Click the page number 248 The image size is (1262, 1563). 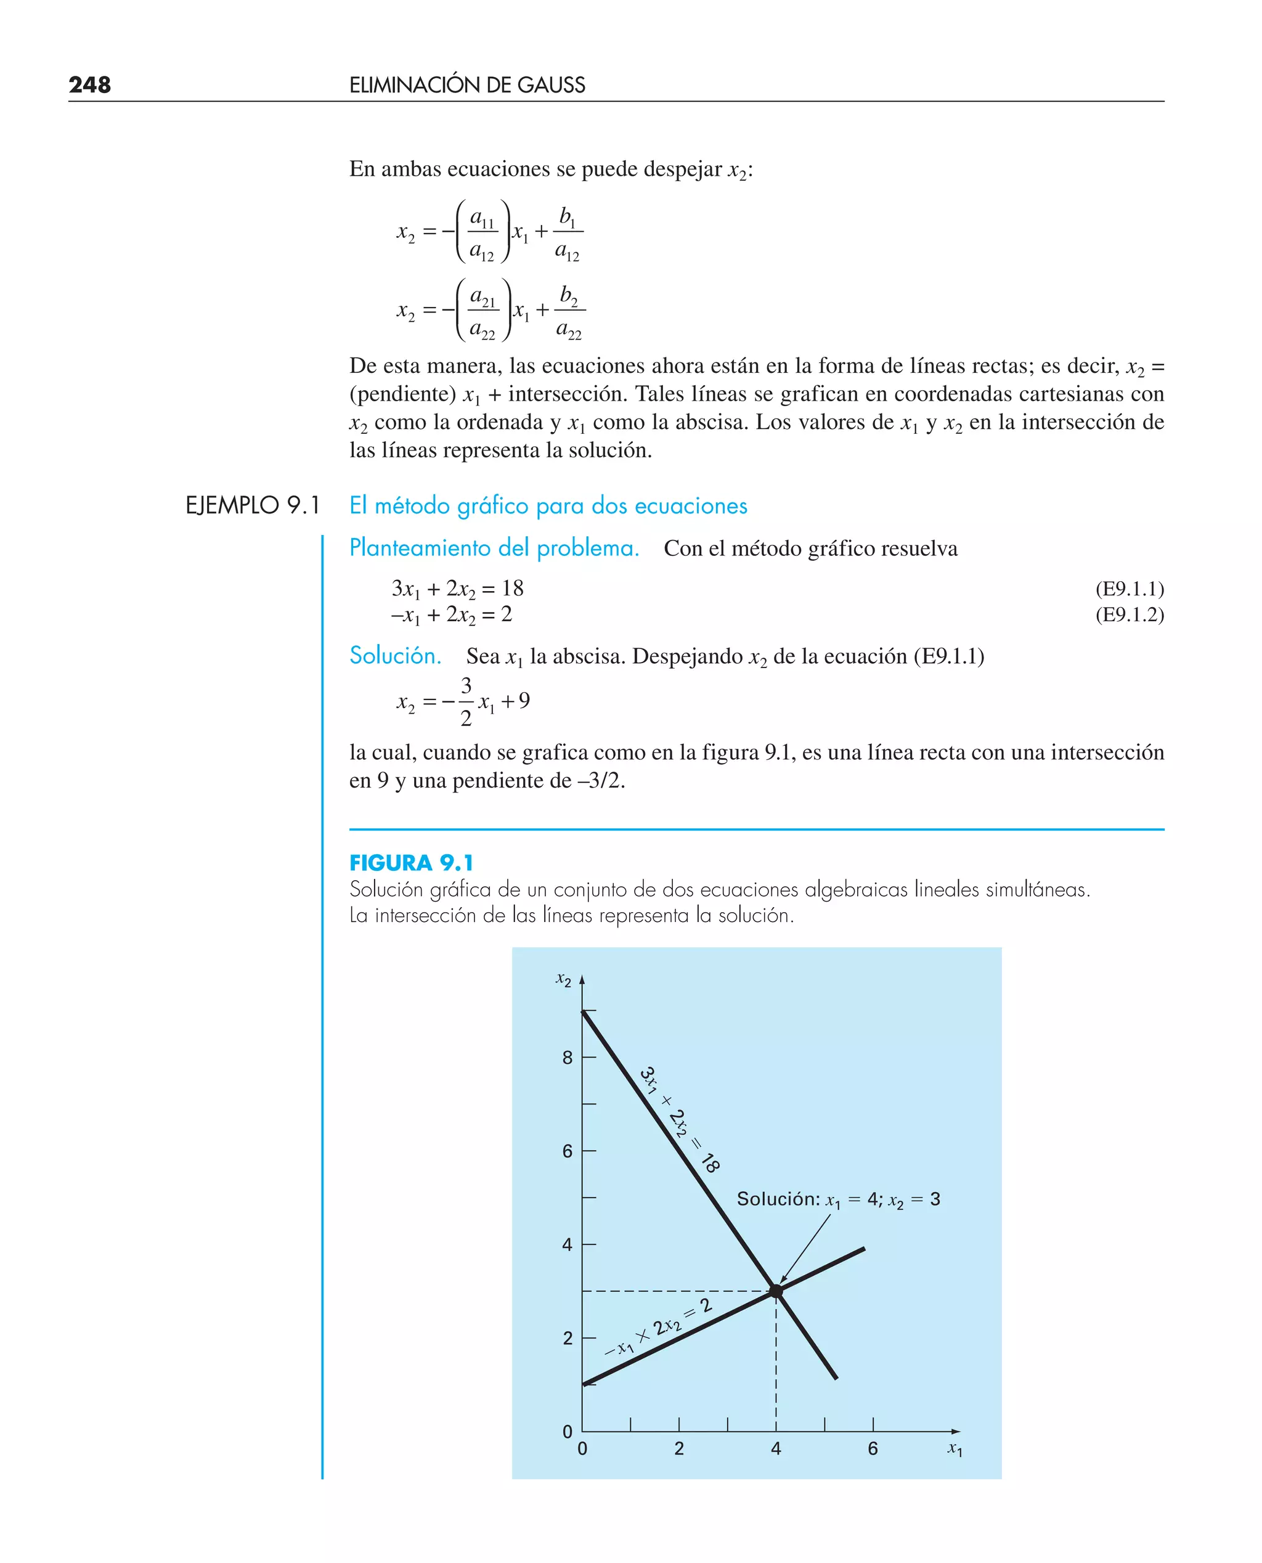click(x=89, y=85)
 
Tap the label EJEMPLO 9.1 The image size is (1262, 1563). click(x=252, y=505)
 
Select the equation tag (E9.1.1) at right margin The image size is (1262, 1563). click(x=1129, y=588)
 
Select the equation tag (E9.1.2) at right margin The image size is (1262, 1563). click(x=1129, y=614)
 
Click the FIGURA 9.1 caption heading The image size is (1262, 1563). click(x=411, y=863)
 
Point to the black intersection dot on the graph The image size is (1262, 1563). click(x=776, y=1291)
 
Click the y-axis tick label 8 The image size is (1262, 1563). click(x=567, y=1058)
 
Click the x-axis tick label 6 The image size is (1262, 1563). click(x=873, y=1449)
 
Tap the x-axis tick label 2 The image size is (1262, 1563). click(x=679, y=1449)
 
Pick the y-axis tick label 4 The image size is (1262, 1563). click(x=567, y=1244)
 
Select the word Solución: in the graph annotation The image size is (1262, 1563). click(x=778, y=1199)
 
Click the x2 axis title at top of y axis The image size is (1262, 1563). click(x=563, y=980)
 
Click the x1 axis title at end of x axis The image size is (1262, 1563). click(x=955, y=1449)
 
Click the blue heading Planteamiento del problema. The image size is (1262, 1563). click(x=494, y=547)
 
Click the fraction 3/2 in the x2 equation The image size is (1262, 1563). click(x=466, y=701)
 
